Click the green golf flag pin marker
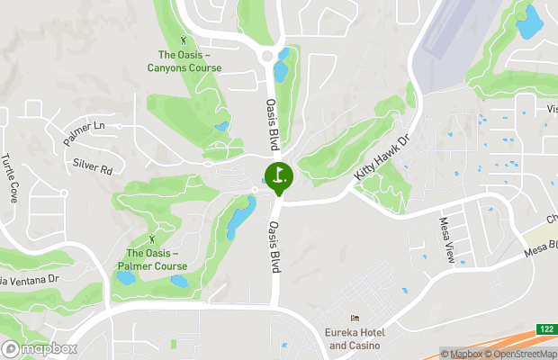[x=278, y=175]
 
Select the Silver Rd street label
[x=93, y=167]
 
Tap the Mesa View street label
[x=447, y=239]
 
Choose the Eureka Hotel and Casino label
[x=355, y=338]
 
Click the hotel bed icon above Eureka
[x=355, y=319]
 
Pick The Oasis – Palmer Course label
[x=151, y=259]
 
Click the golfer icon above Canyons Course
[x=185, y=40]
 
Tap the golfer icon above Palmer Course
[x=151, y=238]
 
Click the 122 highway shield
[x=545, y=329]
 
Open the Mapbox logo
[x=39, y=348]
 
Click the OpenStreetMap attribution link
[x=521, y=354]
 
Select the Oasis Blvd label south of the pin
[x=270, y=243]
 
